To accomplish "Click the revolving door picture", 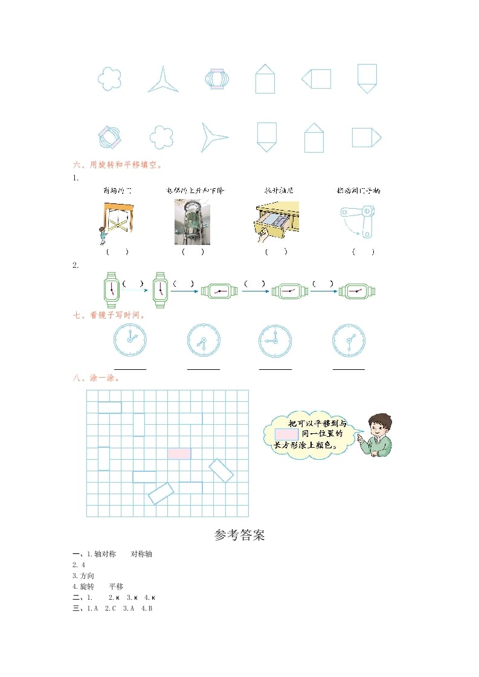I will (x=117, y=223).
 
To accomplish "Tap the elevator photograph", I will (x=189, y=222).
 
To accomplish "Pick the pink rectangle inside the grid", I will (x=179, y=453).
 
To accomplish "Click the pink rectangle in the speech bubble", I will (x=286, y=434).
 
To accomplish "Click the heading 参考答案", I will (x=239, y=535).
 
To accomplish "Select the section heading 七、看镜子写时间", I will (x=109, y=314).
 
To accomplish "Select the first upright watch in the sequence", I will (x=111, y=287).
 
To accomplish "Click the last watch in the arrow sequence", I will (x=357, y=291).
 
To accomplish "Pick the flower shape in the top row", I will (x=109, y=78).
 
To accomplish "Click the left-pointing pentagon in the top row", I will (x=317, y=78).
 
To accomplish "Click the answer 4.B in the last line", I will (x=147, y=608).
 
